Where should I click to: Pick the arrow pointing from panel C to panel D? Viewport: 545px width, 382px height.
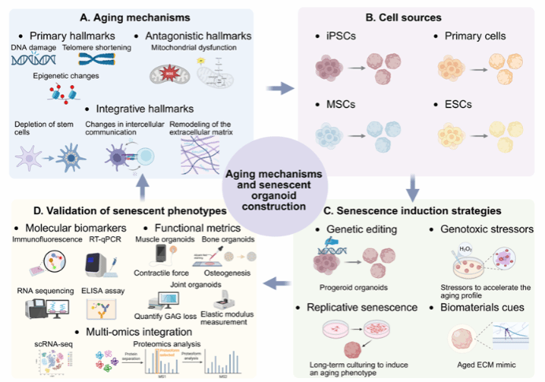[x=277, y=281]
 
